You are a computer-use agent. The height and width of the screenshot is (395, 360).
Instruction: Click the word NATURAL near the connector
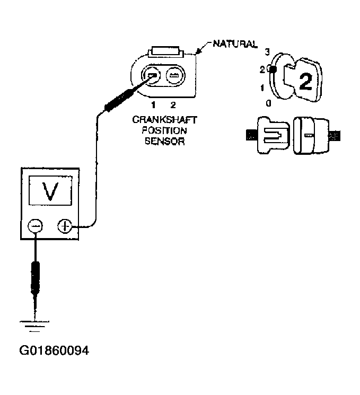(235, 43)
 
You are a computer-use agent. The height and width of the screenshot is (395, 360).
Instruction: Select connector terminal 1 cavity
(151, 76)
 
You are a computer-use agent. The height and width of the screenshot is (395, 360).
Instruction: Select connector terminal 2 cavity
(173, 76)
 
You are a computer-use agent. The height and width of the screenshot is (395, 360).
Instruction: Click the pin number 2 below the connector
(172, 105)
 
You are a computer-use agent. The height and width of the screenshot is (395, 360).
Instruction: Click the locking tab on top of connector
(166, 52)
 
